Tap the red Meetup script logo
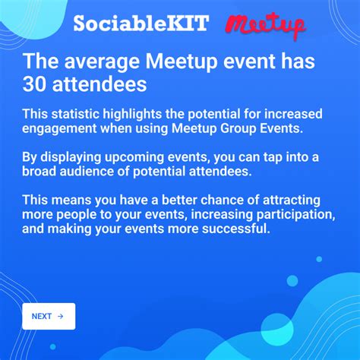(265, 25)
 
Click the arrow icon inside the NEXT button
(61, 316)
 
